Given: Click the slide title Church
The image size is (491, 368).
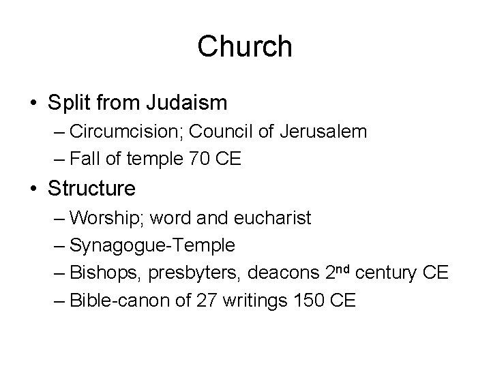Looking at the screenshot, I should [x=245, y=46].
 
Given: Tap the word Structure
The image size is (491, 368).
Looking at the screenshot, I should [x=91, y=186].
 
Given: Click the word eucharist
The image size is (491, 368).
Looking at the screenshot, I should [x=270, y=218].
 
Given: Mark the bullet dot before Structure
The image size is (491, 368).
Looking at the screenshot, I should [x=32, y=187].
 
